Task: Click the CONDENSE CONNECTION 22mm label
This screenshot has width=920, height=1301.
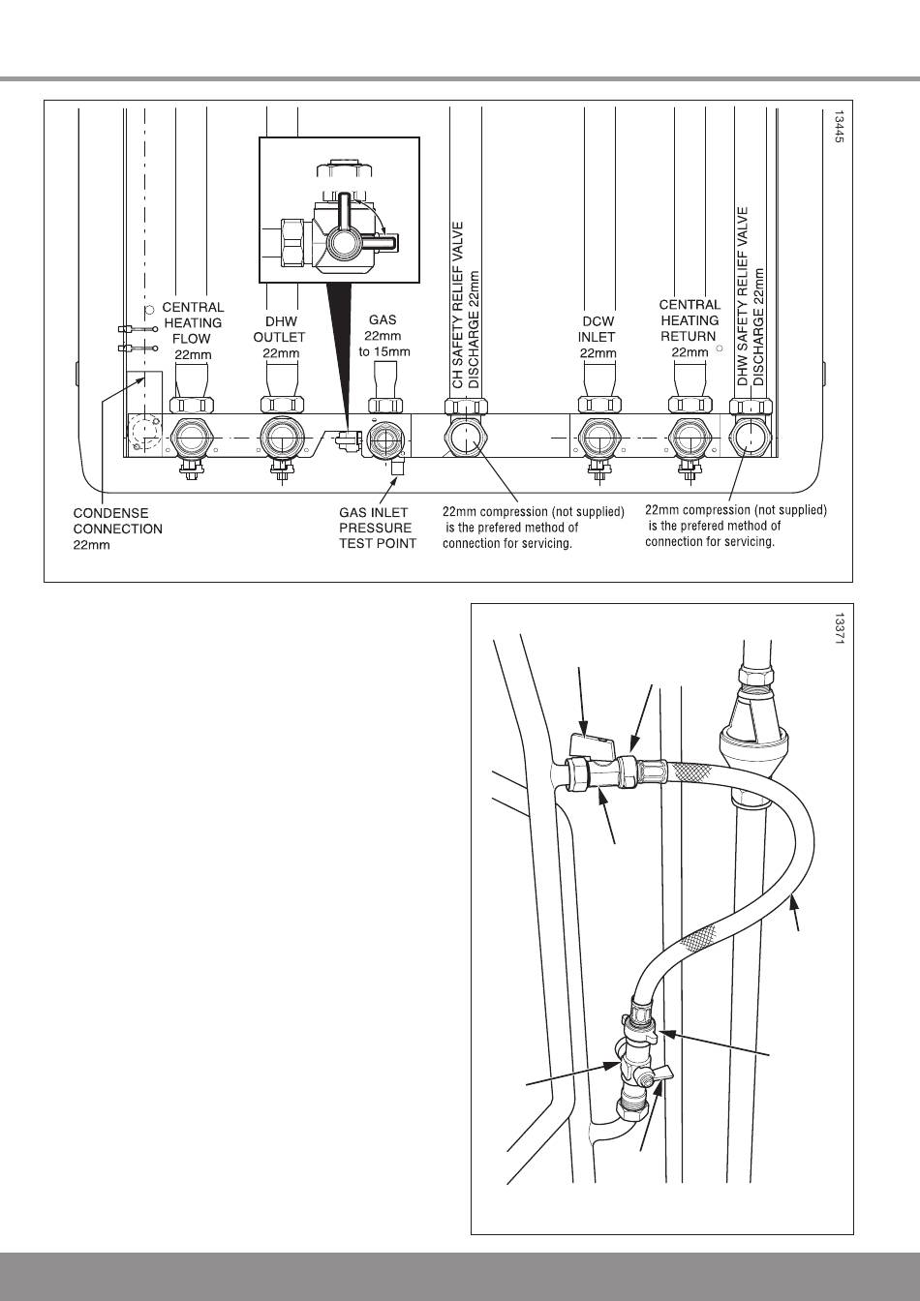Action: click(117, 529)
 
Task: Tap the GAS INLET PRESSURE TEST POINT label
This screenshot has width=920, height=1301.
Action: click(378, 528)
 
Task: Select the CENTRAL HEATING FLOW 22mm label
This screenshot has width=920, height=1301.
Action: click(193, 330)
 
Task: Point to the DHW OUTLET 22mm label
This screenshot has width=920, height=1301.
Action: click(280, 337)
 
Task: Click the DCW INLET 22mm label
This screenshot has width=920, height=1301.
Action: click(598, 337)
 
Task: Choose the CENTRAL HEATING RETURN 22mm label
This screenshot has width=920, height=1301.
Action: click(690, 328)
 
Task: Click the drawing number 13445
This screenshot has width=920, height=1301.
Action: click(839, 127)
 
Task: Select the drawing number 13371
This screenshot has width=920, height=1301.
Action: click(839, 628)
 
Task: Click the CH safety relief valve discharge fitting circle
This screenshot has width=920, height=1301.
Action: click(466, 436)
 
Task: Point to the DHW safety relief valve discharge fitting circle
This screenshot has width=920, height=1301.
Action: click(751, 436)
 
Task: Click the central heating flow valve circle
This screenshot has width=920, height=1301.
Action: click(191, 437)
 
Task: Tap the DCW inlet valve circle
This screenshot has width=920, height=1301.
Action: click(598, 437)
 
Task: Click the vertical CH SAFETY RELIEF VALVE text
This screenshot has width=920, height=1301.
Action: click(458, 305)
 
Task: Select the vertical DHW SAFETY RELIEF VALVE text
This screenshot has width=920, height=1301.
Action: click(743, 296)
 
